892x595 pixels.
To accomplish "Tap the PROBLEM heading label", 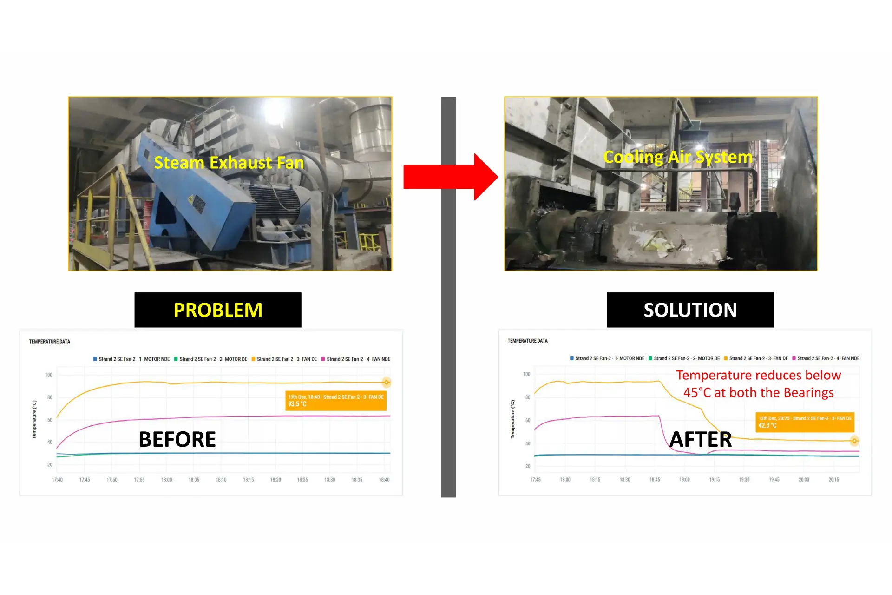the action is (218, 310).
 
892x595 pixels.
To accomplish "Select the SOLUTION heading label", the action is (690, 310).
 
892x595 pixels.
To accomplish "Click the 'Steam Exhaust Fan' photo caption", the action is (229, 163).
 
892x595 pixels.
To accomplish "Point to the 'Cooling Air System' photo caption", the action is (677, 157).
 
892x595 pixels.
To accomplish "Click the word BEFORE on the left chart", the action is (177, 439).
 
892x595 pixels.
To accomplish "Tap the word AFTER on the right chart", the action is (701, 439).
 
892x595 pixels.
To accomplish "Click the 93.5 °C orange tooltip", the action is (336, 401).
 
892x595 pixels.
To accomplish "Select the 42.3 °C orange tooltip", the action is (805, 422).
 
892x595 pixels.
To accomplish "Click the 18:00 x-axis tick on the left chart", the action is (166, 480).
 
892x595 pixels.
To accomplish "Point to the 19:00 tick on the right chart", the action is (684, 480).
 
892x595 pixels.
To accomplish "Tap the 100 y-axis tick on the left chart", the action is (49, 375).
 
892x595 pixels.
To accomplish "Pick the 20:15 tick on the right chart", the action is (833, 480).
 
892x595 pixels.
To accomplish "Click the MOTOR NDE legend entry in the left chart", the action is (132, 359).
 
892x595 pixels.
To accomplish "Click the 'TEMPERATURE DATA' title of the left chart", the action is (50, 342).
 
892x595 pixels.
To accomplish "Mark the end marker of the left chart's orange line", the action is (386, 383).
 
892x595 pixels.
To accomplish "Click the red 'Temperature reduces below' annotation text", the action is (758, 375).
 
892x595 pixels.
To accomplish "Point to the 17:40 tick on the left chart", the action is (57, 480).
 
